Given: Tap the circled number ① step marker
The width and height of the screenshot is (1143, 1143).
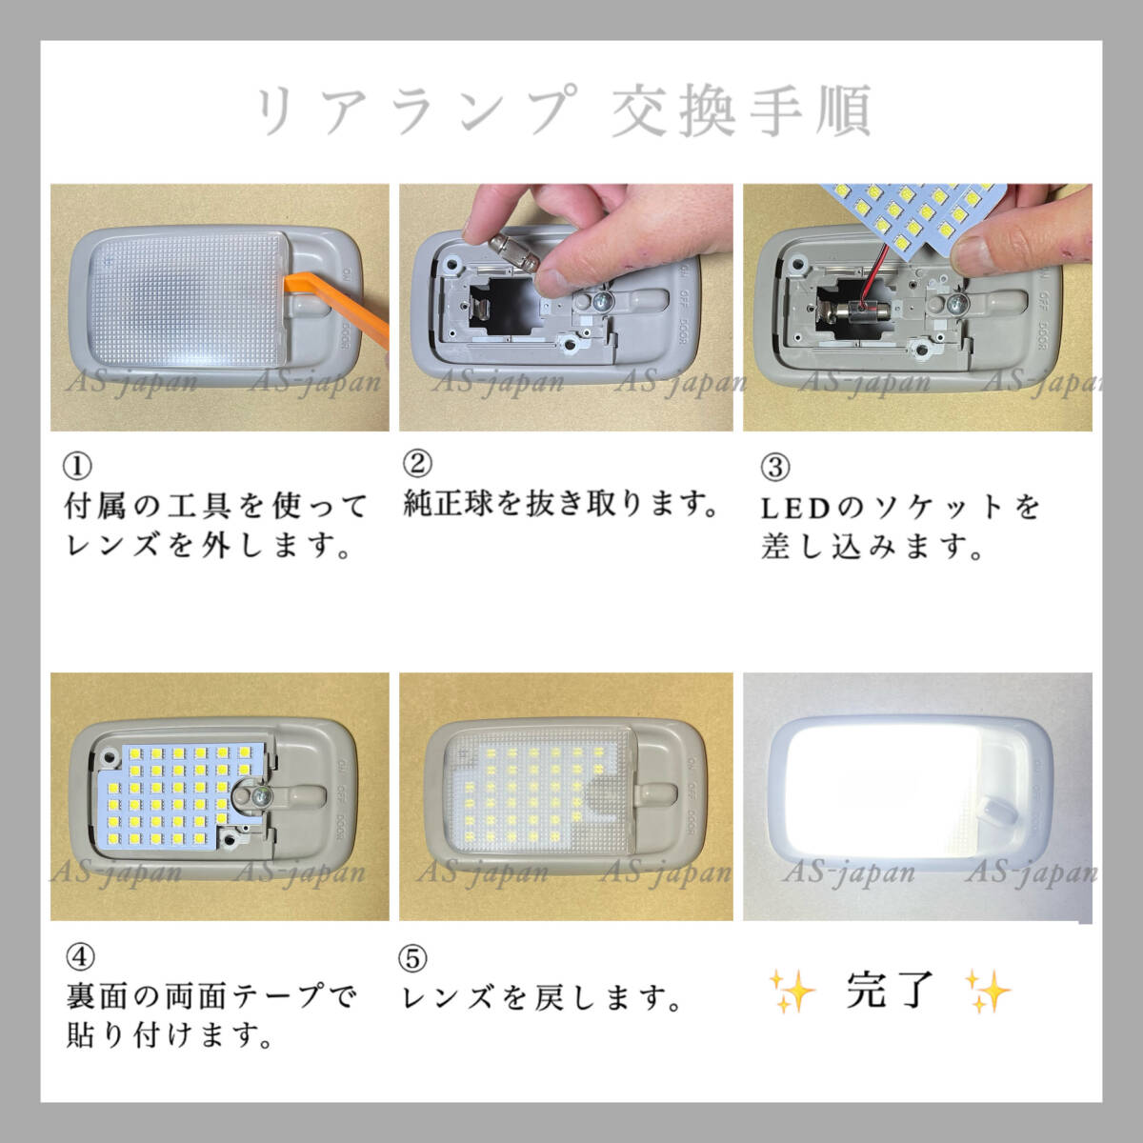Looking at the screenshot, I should pos(77,466).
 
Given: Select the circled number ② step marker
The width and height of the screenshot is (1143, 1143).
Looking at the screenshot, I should pos(416,464).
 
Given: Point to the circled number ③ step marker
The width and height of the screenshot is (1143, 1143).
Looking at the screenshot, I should pos(775,468).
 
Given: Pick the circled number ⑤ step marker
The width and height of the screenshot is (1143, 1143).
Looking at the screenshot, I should pos(414,958).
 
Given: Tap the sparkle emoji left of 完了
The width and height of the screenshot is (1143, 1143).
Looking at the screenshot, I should pos(792,992).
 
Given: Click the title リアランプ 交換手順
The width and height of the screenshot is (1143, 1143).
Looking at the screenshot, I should pos(564,110).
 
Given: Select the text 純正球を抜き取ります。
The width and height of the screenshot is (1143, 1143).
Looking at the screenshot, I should pos(562,503).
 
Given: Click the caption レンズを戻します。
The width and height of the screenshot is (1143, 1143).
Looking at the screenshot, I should pos(543,997).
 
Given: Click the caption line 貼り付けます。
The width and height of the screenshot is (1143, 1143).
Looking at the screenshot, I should pos(169,1035).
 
